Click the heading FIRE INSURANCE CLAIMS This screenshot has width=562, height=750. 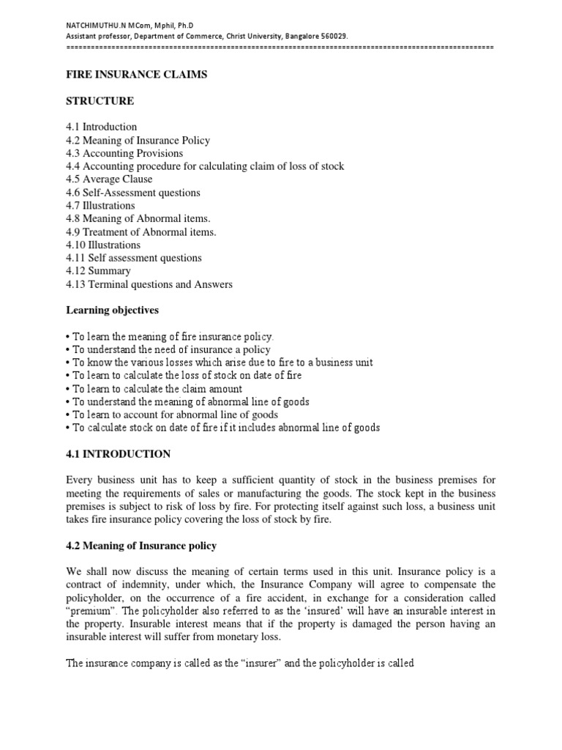pos(136,74)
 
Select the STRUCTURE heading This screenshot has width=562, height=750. pos(100,100)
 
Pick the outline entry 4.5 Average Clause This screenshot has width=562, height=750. pos(109,179)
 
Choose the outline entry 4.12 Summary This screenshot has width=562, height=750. pos(98,271)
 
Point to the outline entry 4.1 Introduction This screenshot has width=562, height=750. pos(101,127)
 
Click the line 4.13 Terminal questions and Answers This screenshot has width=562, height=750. pos(149,284)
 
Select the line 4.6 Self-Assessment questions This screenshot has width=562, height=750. pos(132,193)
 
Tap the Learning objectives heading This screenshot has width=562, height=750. pos(112,311)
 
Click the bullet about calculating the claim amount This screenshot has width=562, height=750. pos(154,389)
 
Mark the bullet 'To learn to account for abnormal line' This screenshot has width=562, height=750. pos(171,415)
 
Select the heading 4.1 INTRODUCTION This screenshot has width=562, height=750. pos(118,454)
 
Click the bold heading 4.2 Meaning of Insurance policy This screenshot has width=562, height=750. pos(141,546)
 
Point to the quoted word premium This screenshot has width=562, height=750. pos(91,612)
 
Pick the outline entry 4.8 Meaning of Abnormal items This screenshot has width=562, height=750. pos(138,218)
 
